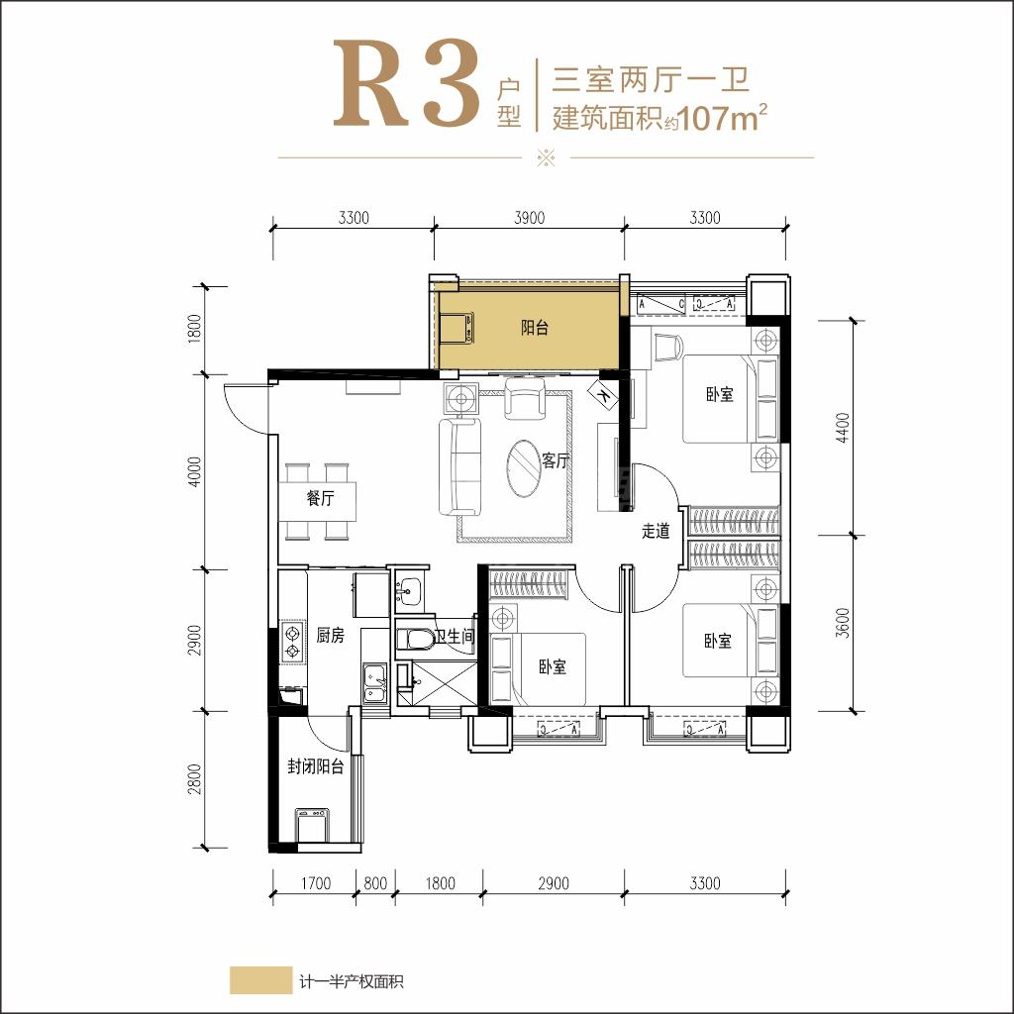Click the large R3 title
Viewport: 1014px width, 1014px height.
(407, 83)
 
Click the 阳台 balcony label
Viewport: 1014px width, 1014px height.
(535, 328)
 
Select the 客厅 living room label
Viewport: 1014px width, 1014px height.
(555, 460)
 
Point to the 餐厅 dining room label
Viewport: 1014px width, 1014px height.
(320, 498)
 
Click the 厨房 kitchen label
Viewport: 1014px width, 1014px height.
(331, 635)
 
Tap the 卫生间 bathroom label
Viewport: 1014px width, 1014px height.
(456, 636)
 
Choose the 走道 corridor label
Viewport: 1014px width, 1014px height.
(656, 531)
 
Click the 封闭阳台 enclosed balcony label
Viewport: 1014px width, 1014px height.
(315, 767)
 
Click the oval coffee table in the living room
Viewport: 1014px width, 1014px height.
(523, 468)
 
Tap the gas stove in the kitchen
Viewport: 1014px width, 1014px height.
(292, 641)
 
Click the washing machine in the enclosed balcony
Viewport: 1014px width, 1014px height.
(313, 825)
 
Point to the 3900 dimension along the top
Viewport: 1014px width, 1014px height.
(529, 218)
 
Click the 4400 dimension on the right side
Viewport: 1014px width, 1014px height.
(842, 428)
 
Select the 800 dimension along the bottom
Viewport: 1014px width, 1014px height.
(375, 883)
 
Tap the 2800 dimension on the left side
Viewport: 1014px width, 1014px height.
(194, 779)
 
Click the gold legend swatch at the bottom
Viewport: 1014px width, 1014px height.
(260, 980)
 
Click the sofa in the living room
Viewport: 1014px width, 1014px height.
(459, 466)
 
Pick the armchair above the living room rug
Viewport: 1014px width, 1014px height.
(525, 399)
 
